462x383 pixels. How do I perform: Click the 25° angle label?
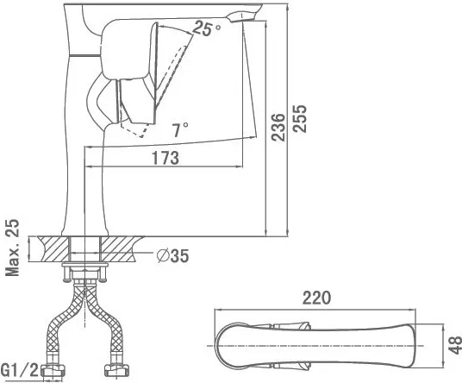coord(207,28)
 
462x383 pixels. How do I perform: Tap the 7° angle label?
coord(180,129)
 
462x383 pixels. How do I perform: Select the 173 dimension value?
coord(165,158)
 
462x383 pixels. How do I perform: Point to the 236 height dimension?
coord(278,127)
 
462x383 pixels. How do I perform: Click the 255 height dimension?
coord(300,118)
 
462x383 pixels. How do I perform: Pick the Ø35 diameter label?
coord(172,255)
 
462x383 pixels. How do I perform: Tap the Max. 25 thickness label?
coord(12,248)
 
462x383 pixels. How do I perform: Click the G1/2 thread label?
coord(20,370)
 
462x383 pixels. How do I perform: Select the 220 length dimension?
coord(316,298)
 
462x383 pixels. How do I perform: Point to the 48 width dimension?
coord(454,345)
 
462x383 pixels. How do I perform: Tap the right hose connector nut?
coord(117,371)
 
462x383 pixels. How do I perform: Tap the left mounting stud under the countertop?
coord(66,273)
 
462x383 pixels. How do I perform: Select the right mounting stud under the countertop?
coord(103,273)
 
